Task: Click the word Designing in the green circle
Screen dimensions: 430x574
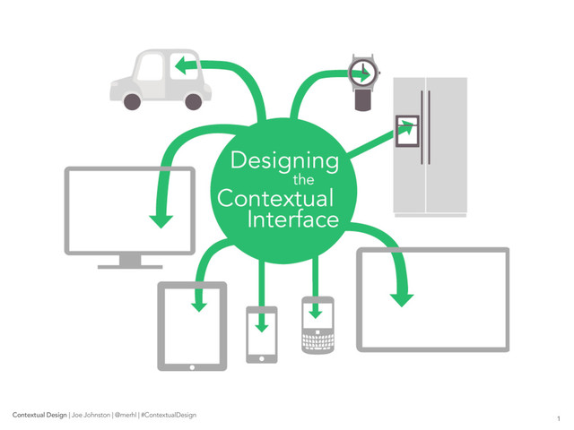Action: (284, 162)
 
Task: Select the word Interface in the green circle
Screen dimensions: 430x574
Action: (293, 219)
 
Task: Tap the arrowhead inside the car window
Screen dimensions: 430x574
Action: (180, 64)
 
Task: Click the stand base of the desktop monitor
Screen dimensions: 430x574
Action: (130, 265)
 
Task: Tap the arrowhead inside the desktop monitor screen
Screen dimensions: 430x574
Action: (161, 219)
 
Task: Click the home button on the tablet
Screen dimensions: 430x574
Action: (192, 365)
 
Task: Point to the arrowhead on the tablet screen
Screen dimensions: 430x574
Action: (199, 305)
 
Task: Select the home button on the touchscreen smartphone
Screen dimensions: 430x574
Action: (262, 358)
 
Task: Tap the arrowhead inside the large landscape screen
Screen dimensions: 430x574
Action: (404, 297)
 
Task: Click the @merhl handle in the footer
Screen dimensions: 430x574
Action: (126, 416)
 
